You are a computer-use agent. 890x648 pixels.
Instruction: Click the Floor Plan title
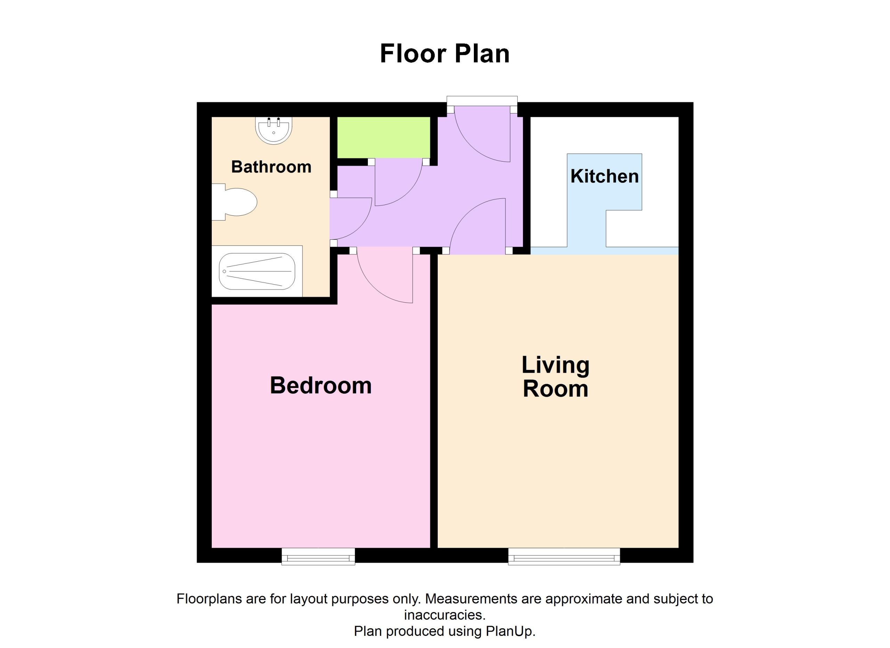445,54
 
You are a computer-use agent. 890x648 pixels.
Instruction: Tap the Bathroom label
271,167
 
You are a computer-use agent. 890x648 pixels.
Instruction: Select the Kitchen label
604,176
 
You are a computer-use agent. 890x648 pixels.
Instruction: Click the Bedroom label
321,385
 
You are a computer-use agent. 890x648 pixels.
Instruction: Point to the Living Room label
555,377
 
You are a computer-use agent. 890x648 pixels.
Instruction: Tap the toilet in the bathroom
234,202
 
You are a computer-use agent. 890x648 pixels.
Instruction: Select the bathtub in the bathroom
257,271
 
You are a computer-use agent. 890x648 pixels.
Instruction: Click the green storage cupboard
384,137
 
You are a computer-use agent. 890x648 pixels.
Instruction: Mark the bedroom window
318,556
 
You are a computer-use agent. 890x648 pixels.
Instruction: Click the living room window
564,556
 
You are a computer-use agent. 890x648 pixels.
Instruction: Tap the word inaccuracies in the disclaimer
445,615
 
